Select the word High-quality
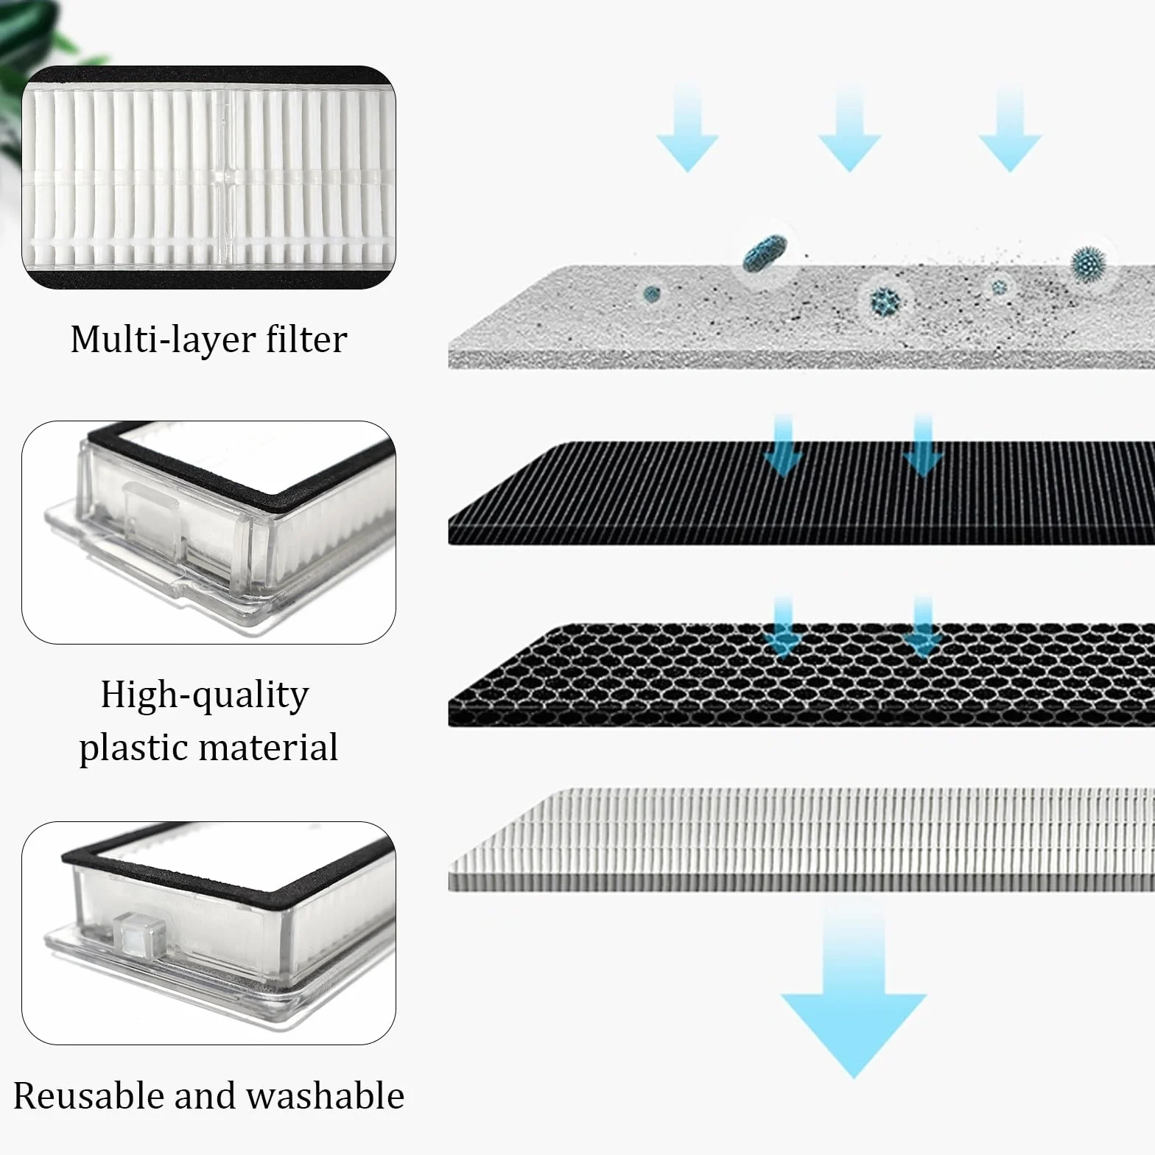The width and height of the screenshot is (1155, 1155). point(205,695)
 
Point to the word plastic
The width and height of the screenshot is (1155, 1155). point(141,748)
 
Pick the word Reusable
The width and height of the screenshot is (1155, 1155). point(88,1095)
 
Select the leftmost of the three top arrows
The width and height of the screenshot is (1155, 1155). point(687,127)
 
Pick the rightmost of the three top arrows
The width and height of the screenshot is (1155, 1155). point(1010,127)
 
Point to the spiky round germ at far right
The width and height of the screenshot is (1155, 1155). point(1089,261)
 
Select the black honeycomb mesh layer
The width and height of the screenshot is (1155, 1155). point(801,675)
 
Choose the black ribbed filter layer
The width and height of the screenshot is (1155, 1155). point(801,494)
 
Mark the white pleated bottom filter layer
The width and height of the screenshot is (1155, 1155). point(801,840)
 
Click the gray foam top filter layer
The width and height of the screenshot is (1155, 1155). point(801,317)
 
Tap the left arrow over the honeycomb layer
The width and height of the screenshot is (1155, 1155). point(783,628)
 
